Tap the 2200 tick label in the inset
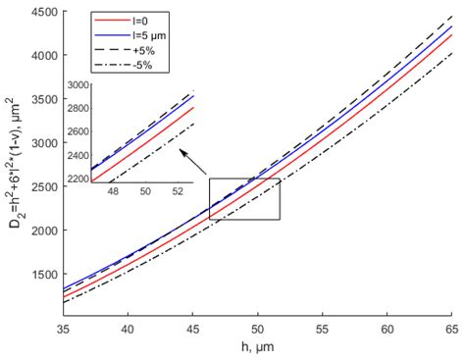click(x=75, y=179)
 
